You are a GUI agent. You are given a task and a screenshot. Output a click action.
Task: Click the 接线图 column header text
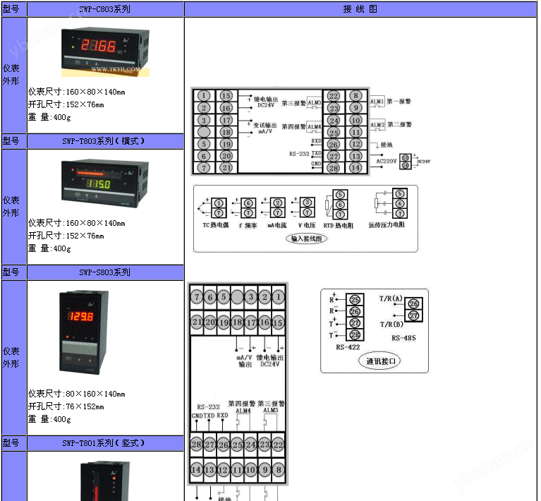tap(360, 9)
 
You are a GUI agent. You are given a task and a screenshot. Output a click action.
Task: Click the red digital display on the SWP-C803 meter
tap(99, 47)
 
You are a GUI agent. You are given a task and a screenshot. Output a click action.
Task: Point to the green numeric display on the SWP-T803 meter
tap(98, 185)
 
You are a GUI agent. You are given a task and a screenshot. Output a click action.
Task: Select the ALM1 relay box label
tap(377, 102)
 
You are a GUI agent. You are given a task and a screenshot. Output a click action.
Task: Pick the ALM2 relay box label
tap(377, 125)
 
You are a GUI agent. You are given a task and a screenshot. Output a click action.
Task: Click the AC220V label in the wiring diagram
tap(388, 161)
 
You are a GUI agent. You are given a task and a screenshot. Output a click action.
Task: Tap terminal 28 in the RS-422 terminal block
tap(355, 334)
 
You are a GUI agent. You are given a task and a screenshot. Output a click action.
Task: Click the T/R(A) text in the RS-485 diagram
tap(391, 298)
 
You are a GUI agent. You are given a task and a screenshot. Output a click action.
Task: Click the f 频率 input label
tap(248, 225)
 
